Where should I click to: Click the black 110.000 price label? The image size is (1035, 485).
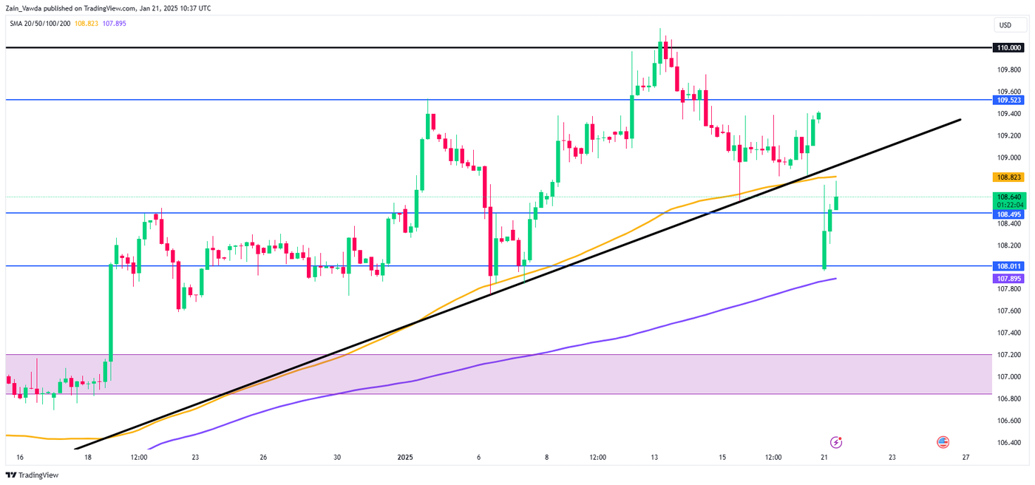(1008, 47)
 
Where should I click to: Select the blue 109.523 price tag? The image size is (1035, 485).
(1008, 100)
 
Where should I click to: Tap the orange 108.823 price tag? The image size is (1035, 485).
(1008, 177)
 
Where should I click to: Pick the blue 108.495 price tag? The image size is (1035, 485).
(1008, 214)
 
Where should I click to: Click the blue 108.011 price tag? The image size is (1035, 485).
(1008, 266)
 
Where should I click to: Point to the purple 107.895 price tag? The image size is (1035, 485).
(1008, 279)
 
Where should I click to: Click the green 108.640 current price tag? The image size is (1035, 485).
(1008, 197)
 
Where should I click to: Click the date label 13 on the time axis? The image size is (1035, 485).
(654, 457)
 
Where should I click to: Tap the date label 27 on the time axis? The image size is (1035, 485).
(966, 457)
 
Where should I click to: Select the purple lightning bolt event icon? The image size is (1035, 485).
(836, 442)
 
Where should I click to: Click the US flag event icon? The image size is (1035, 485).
(943, 442)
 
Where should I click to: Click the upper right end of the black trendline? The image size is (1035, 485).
(960, 119)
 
